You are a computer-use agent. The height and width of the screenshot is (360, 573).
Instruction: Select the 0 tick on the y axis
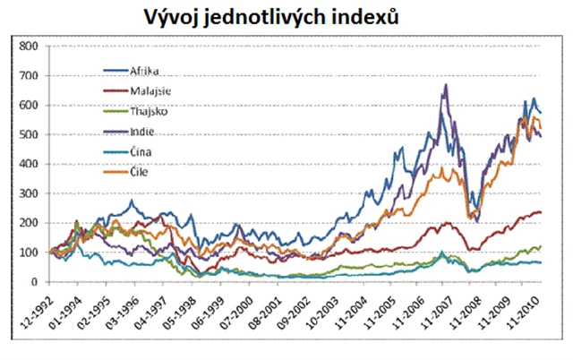pos(33,282)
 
